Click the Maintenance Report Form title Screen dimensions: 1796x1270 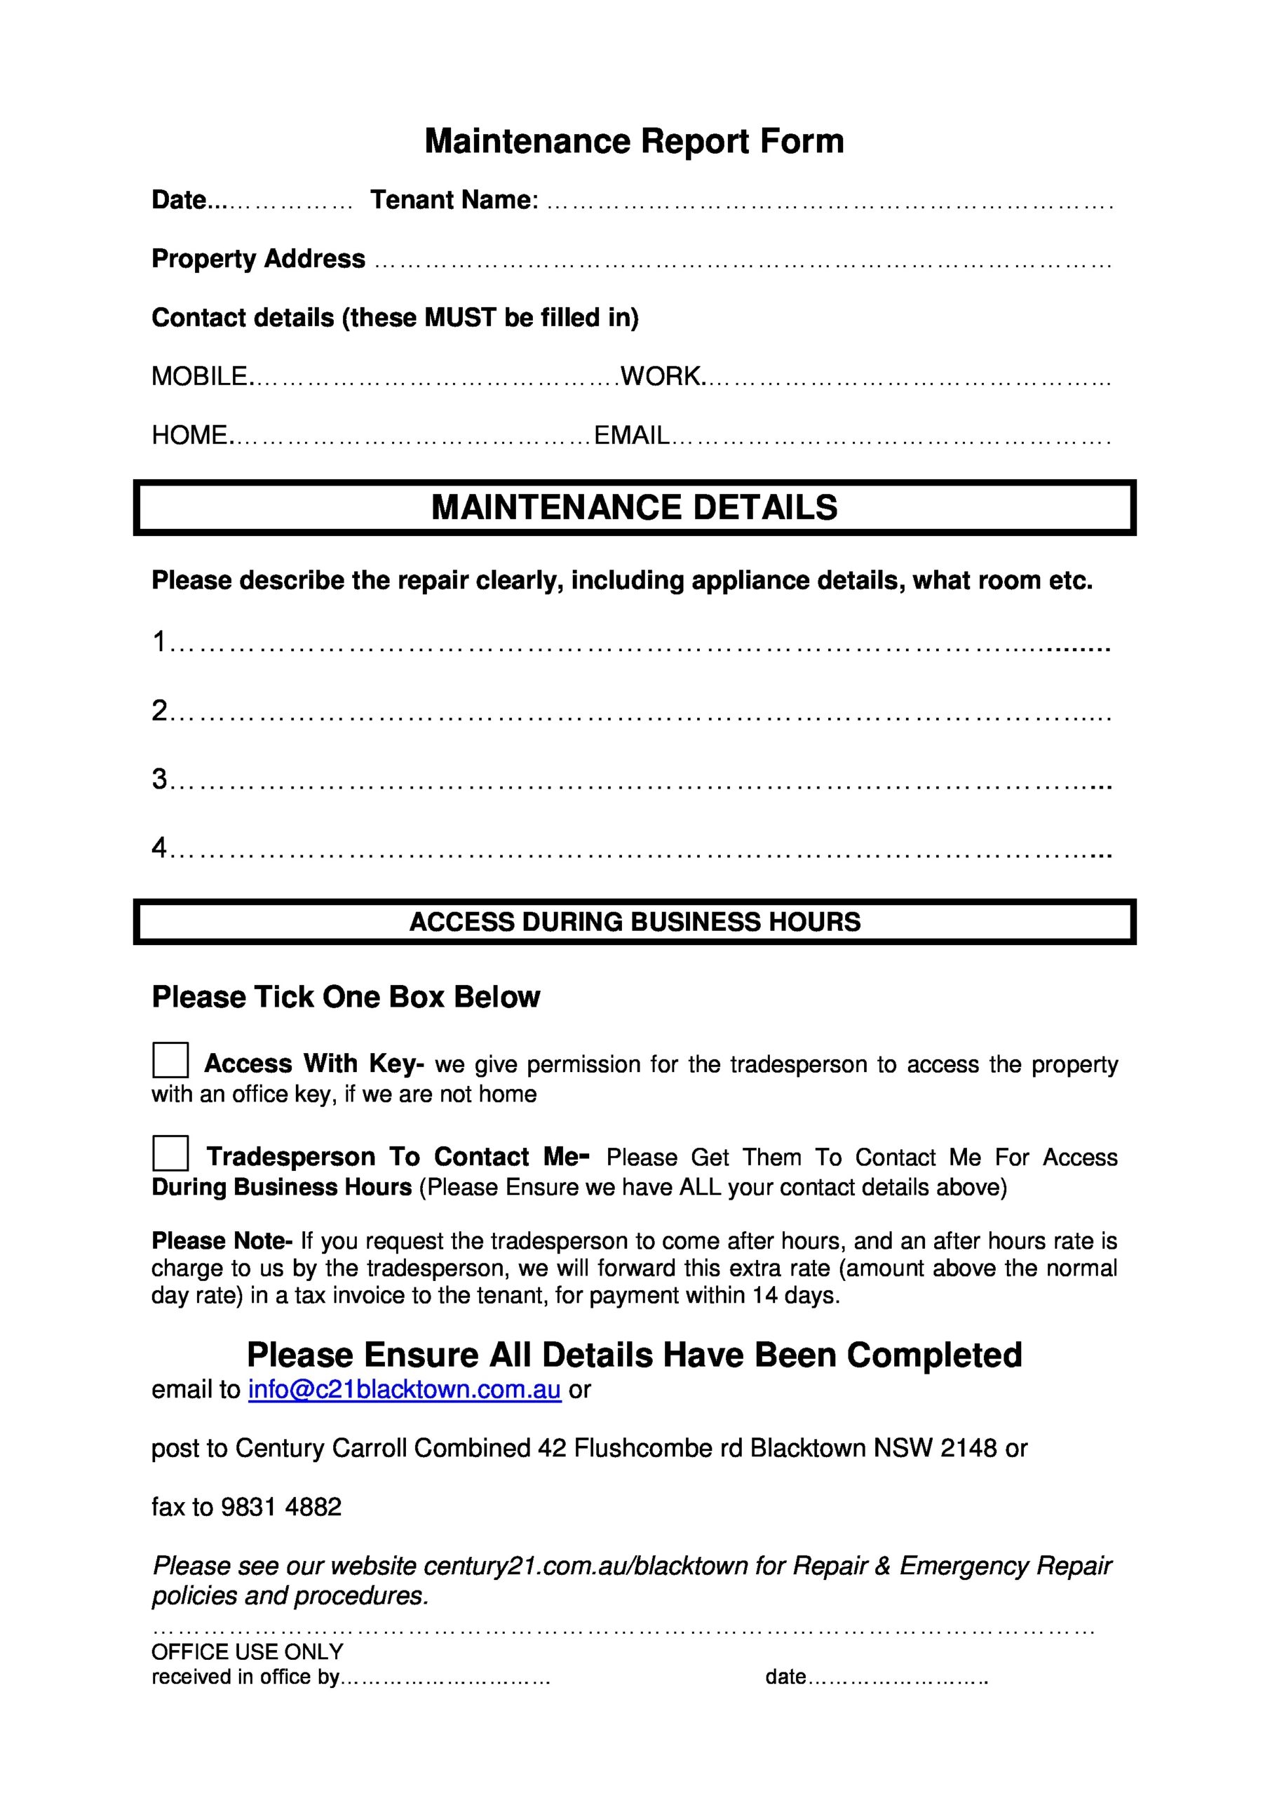coord(634,142)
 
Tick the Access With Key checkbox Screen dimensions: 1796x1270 coord(170,1061)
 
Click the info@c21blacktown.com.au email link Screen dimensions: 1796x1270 coord(405,1390)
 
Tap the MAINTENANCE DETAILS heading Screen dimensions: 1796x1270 coord(634,508)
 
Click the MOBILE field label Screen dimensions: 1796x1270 coord(199,376)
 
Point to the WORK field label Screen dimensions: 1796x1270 coord(661,376)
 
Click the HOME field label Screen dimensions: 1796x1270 coord(190,435)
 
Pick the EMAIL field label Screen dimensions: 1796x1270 coord(632,435)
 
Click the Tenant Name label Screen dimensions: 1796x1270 coord(454,200)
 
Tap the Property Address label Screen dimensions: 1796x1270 coord(258,259)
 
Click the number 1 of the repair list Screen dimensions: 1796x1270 coord(159,641)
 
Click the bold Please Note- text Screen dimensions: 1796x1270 coord(222,1241)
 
